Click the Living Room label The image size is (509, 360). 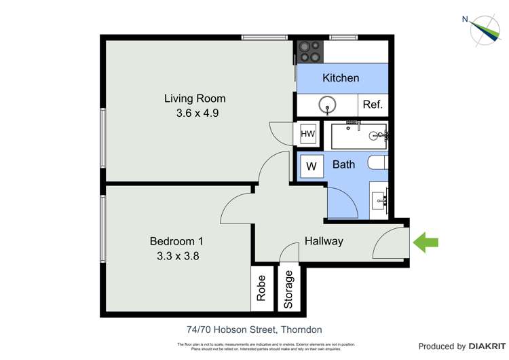pos(195,98)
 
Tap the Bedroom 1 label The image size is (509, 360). pos(176,241)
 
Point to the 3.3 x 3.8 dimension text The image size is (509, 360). pos(176,256)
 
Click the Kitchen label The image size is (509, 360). pos(341,78)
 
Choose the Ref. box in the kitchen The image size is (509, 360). pos(373,105)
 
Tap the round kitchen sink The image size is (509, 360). pos(328,105)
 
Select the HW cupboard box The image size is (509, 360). pos(307,134)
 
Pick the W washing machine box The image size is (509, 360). pos(312,166)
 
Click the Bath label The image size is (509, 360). pos(343,164)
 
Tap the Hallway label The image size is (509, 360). pos(324,241)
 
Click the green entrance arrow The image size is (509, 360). pos(426,242)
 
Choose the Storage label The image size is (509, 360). pos(290,290)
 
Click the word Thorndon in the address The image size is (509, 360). pos(301,330)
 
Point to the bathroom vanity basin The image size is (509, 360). pos(379,200)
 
